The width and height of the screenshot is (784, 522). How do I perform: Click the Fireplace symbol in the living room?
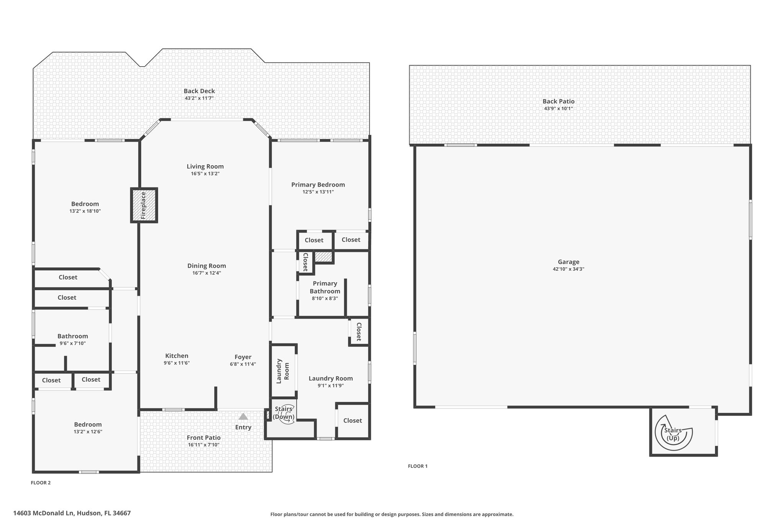click(144, 205)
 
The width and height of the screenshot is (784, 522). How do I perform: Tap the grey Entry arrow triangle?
click(243, 416)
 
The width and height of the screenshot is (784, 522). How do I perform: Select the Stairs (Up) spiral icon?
click(673, 433)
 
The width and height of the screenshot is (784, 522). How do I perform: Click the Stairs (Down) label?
click(284, 413)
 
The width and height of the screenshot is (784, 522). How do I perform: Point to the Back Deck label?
click(199, 91)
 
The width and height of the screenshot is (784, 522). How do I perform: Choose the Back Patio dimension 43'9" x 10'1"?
click(559, 109)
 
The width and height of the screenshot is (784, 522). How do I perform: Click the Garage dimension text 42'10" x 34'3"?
click(568, 269)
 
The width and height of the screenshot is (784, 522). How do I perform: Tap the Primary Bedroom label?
click(318, 185)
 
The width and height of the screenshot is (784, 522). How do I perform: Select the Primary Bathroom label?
click(325, 287)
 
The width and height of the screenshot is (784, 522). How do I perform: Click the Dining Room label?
click(207, 266)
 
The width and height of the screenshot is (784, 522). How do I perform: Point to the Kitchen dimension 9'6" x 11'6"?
click(177, 363)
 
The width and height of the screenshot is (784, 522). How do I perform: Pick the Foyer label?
click(243, 357)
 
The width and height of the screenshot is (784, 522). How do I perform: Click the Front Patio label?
click(204, 438)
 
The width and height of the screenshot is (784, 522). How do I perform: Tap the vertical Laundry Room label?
click(283, 371)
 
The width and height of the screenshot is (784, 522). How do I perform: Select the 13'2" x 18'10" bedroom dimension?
click(85, 211)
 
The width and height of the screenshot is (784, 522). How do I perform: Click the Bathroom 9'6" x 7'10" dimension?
click(73, 343)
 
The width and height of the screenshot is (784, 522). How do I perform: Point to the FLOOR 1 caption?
click(418, 466)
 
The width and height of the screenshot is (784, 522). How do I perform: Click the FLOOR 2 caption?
click(41, 483)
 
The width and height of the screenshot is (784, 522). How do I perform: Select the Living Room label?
click(205, 166)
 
